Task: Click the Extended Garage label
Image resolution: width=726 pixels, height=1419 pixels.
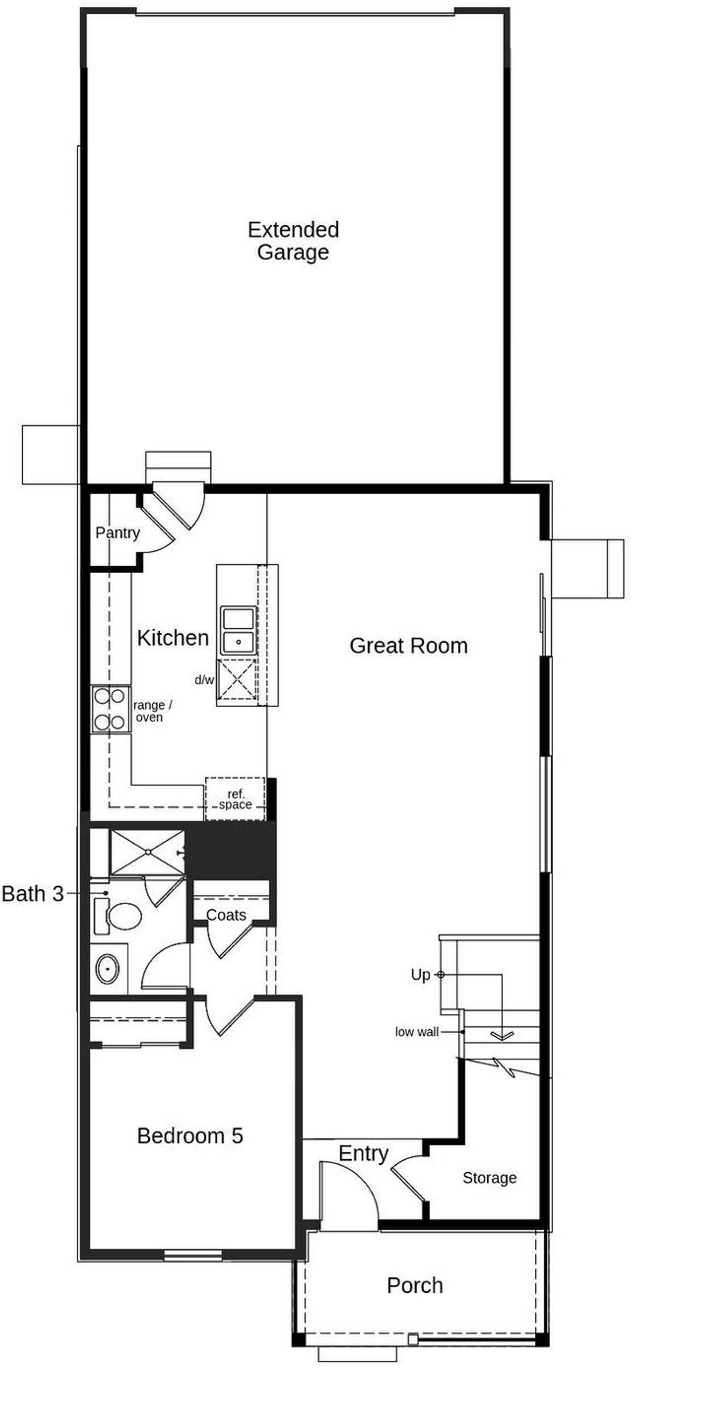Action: click(293, 241)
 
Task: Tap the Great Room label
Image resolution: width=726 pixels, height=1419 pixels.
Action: click(408, 646)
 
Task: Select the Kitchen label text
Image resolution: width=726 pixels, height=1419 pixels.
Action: click(173, 638)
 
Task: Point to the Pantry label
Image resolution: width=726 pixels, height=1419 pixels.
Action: click(117, 533)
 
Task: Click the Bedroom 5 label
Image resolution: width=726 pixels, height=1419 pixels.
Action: click(190, 1136)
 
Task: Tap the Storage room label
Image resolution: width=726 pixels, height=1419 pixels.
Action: click(489, 1178)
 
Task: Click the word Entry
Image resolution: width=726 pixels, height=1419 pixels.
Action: click(363, 1153)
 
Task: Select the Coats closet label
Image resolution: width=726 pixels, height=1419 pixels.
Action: click(226, 915)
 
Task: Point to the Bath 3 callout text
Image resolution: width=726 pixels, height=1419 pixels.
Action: click(32, 894)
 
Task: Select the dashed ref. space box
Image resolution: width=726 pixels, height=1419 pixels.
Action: click(235, 799)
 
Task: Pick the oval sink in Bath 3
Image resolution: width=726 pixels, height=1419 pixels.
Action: click(108, 969)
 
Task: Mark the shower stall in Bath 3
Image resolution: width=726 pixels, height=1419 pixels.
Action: click(147, 852)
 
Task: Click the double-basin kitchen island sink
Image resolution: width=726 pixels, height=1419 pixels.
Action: click(239, 630)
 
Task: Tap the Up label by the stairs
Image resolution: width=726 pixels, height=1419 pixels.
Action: click(420, 975)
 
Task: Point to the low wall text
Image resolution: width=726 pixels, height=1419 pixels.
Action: click(417, 1032)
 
